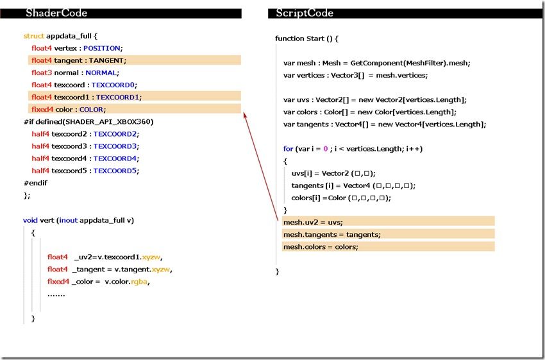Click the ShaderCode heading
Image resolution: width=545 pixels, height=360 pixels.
pyautogui.click(x=56, y=13)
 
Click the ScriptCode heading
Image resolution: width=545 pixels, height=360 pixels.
pyautogui.click(x=305, y=13)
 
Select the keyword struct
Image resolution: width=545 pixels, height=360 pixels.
pyautogui.click(x=34, y=36)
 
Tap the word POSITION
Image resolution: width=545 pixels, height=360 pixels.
pyautogui.click(x=102, y=48)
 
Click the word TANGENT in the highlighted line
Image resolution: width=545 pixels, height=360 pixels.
pyautogui.click(x=106, y=60)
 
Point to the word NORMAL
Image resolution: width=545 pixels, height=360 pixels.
pyautogui.click(x=101, y=73)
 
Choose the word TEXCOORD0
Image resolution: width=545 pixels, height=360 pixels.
pyautogui.click(x=113, y=85)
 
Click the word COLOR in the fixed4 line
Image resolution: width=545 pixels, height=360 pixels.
pyautogui.click(x=92, y=110)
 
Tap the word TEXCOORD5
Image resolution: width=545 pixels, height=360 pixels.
pyautogui.click(x=115, y=171)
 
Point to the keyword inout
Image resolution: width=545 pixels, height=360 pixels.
pyautogui.click(x=69, y=221)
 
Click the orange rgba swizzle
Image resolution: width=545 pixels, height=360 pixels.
pyautogui.click(x=139, y=282)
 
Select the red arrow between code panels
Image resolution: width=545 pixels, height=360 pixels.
pyautogui.click(x=261, y=166)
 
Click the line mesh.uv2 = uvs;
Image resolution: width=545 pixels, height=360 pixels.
pyautogui.click(x=313, y=222)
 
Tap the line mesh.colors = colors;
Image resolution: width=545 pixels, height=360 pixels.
pyautogui.click(x=321, y=247)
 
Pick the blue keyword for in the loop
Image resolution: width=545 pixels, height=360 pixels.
pyautogui.click(x=288, y=149)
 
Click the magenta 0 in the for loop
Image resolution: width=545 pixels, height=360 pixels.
pyautogui.click(x=325, y=149)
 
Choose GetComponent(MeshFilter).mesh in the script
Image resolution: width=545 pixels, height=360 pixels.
pyautogui.click(x=410, y=63)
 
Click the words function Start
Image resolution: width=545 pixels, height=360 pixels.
pyautogui.click(x=299, y=39)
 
